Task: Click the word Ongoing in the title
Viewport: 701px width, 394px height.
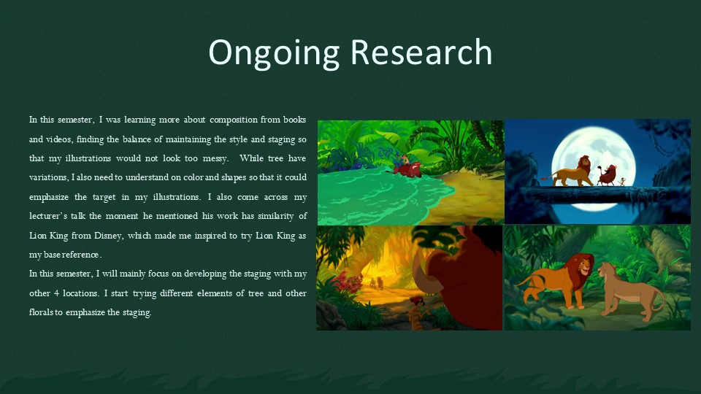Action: click(274, 53)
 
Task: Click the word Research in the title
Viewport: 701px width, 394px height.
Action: click(421, 52)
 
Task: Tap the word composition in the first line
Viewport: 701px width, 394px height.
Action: click(234, 120)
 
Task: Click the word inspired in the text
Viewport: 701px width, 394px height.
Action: click(212, 236)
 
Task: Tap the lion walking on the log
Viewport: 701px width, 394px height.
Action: click(568, 171)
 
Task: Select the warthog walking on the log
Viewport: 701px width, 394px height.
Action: click(606, 175)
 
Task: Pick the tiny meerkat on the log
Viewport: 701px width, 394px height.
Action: click(622, 182)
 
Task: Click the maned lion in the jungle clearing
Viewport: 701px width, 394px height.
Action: click(556, 280)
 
